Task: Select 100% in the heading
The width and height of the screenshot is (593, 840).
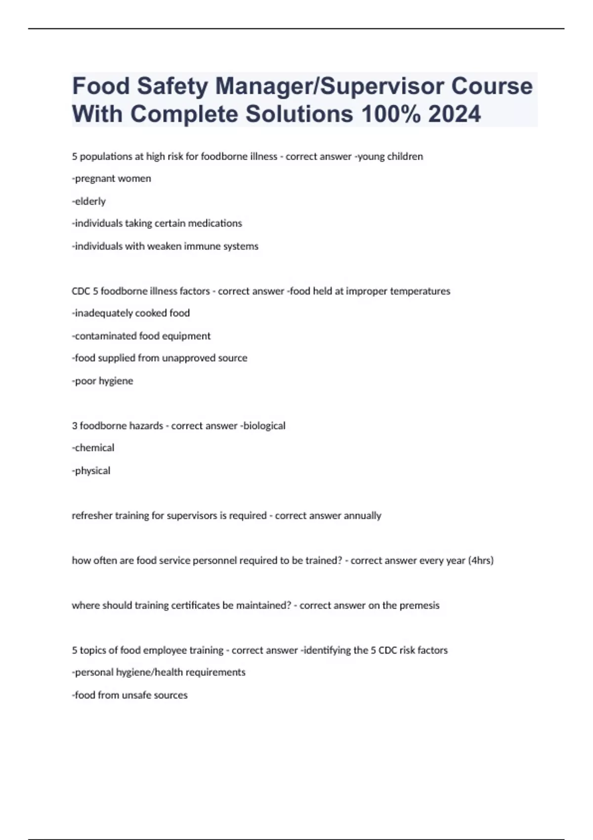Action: (391, 114)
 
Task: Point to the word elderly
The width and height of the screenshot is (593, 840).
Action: (90, 201)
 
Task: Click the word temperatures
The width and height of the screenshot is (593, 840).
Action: (420, 291)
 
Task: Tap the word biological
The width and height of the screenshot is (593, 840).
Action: (264, 426)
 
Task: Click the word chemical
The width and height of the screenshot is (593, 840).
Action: (94, 448)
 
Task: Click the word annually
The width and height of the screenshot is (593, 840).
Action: (363, 516)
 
